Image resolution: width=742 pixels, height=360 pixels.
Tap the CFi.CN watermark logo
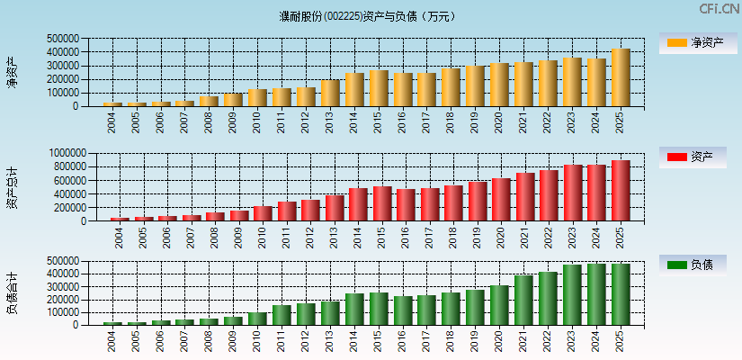(719, 8)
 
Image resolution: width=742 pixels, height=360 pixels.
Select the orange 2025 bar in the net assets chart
(621, 77)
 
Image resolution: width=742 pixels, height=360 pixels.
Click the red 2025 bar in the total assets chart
(621, 191)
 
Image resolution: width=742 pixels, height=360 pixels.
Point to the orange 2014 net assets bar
(354, 90)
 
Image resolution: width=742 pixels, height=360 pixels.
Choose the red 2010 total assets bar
(262, 214)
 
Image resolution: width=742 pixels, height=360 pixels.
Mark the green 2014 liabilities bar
(354, 309)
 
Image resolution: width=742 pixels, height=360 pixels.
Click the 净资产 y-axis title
(12, 72)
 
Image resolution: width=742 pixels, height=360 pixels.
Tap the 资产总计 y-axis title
(12, 187)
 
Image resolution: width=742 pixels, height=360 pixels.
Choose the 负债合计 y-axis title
(12, 292)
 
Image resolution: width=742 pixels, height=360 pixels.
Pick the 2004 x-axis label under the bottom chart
(112, 340)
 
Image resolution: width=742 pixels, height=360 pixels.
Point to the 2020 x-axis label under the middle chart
(500, 237)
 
